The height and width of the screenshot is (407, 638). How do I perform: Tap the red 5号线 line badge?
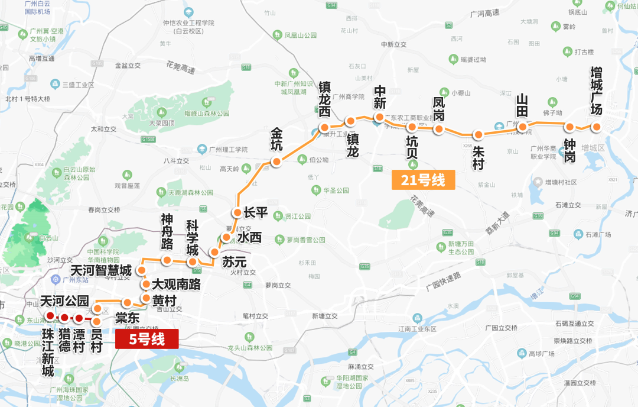point(147,339)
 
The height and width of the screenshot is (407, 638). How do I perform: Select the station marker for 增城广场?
point(597,127)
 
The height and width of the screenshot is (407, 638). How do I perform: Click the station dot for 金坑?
point(275,161)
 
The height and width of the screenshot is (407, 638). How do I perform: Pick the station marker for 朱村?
point(479,134)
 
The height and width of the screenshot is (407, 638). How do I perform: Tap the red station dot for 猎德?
point(64,318)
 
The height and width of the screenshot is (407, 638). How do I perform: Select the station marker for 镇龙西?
point(324,128)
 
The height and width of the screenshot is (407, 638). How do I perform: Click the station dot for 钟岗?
point(570,127)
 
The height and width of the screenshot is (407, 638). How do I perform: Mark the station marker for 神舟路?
point(167,260)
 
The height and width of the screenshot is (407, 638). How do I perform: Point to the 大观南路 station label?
point(177,284)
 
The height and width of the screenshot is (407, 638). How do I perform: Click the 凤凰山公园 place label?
point(305,35)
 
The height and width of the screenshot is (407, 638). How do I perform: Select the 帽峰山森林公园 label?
point(206,113)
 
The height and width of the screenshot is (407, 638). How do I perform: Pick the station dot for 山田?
point(522,127)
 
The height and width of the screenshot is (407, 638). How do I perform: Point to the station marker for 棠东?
point(127,303)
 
